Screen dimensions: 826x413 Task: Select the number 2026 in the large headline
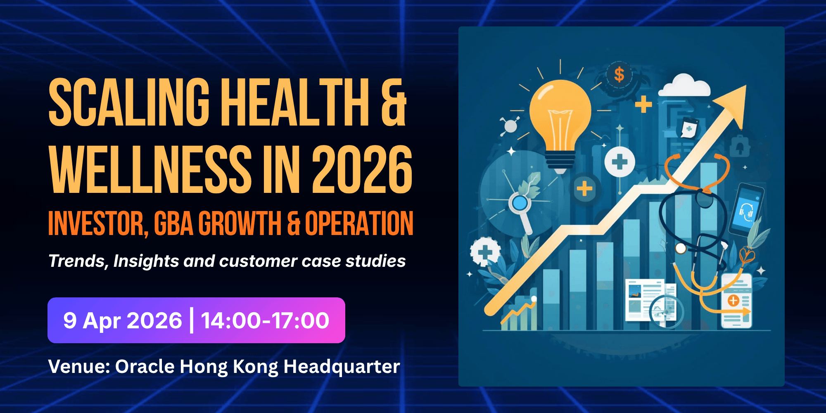coord(362,169)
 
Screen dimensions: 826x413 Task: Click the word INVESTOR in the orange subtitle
coord(98,223)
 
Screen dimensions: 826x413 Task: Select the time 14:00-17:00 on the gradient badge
coord(265,320)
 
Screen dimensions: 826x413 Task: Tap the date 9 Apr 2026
coord(123,321)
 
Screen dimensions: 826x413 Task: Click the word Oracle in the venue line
coord(145,366)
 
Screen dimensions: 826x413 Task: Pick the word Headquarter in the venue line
coord(342,367)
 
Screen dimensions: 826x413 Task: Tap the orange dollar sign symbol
coord(619,75)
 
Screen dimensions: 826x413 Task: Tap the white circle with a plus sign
coord(619,162)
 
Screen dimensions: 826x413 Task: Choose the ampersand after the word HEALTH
coord(394,102)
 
